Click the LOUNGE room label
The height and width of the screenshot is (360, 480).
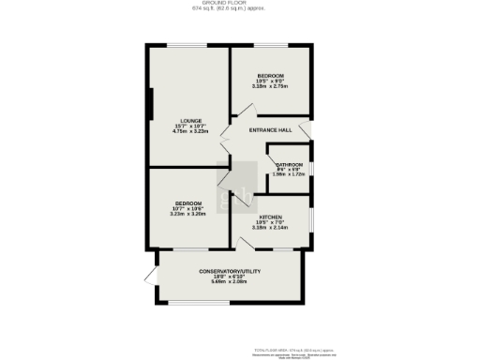tap(190, 121)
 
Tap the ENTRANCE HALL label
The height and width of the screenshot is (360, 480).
tap(273, 129)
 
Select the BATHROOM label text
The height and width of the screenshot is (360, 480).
tap(289, 166)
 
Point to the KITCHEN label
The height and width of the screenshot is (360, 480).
tap(271, 217)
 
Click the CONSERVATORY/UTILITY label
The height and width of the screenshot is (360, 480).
tap(229, 271)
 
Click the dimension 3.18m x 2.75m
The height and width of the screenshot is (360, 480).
tap(271, 86)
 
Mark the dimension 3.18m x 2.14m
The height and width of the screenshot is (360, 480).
tap(271, 228)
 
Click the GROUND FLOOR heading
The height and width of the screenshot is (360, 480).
tap(240, 4)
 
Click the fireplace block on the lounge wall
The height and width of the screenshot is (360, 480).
tap(148, 103)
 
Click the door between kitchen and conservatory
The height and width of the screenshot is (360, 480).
tap(248, 244)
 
